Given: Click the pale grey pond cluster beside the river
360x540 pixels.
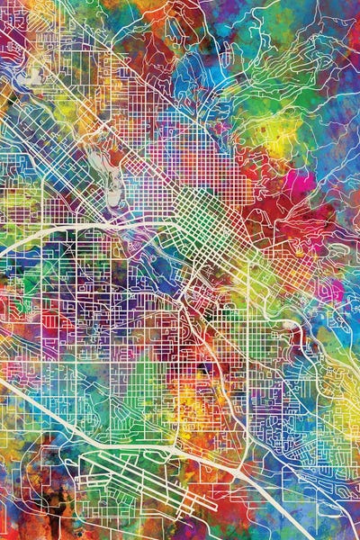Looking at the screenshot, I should [x=115, y=185].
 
